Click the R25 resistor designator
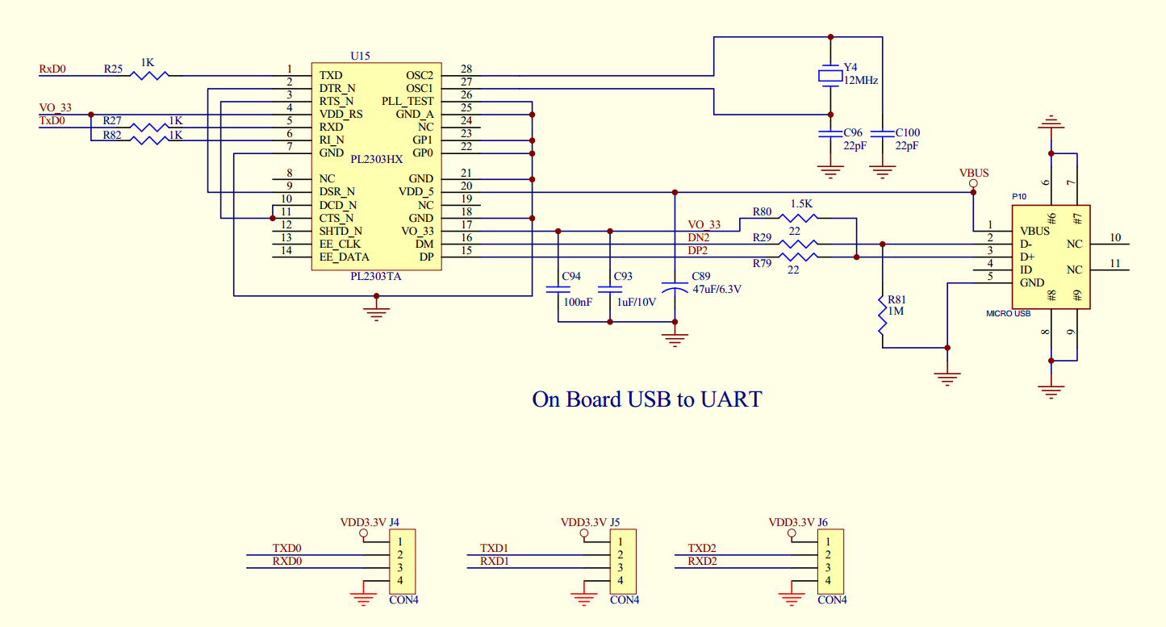click(x=113, y=69)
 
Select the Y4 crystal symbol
click(x=830, y=75)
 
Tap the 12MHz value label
click(x=860, y=81)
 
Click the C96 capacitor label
click(x=853, y=132)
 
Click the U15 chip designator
click(x=360, y=56)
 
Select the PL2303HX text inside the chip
click(x=376, y=159)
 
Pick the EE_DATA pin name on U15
click(x=344, y=257)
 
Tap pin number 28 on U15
click(x=466, y=69)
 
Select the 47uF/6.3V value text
click(x=717, y=289)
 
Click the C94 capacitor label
click(x=570, y=276)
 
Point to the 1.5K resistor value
click(x=802, y=204)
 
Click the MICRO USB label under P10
click(x=1008, y=313)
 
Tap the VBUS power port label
click(x=973, y=173)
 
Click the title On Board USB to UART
click(x=646, y=399)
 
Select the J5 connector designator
click(x=615, y=522)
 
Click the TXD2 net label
click(x=702, y=548)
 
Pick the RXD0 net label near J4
click(x=286, y=561)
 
